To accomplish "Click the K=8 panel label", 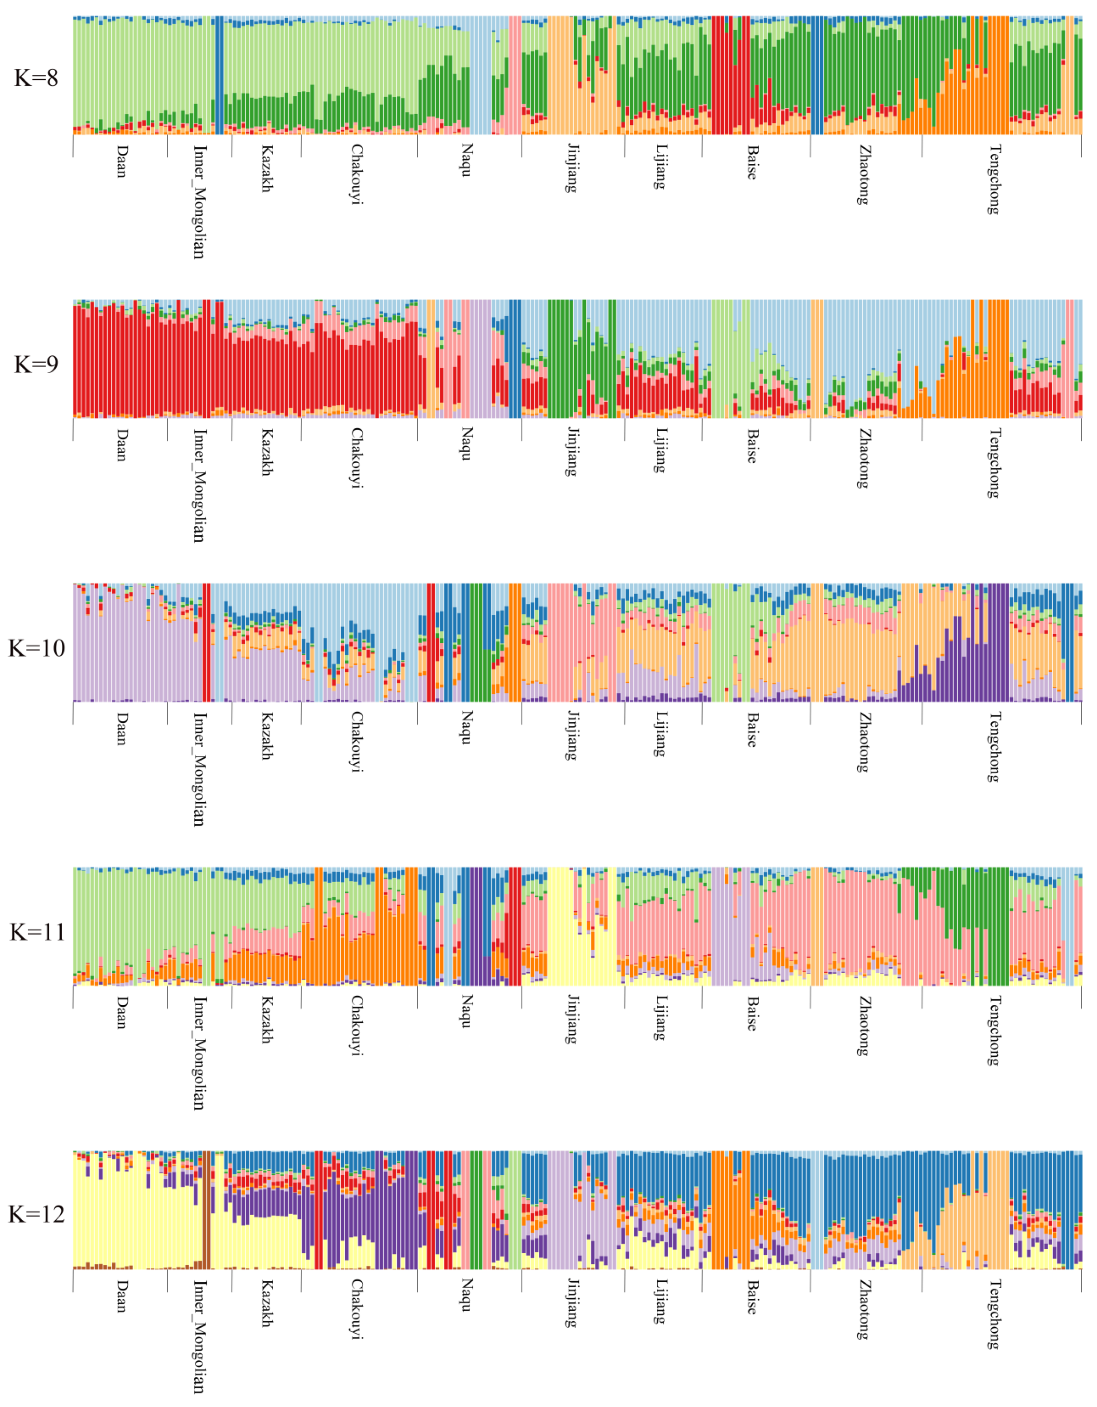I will click(36, 78).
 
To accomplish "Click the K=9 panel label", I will click(36, 365).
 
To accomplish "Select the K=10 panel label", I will click(36, 648).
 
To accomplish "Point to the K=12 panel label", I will click(36, 1215).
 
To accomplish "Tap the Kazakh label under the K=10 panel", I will click(266, 736).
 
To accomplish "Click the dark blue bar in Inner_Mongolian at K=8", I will click(219, 75).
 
